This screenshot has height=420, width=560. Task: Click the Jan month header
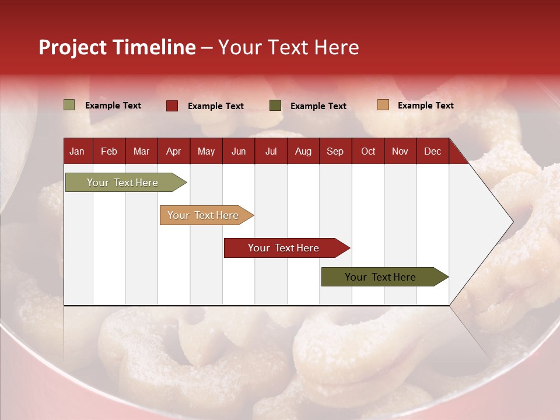click(x=77, y=151)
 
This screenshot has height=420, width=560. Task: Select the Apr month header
click(x=173, y=151)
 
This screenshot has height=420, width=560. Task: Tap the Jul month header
click(x=271, y=151)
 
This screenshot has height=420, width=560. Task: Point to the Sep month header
click(x=335, y=151)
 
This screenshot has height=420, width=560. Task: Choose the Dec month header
click(x=432, y=151)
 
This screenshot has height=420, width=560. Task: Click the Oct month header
click(x=367, y=151)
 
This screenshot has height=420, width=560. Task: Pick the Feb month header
click(x=108, y=151)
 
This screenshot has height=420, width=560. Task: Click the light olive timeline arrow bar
click(x=123, y=183)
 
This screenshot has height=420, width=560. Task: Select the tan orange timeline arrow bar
click(x=204, y=215)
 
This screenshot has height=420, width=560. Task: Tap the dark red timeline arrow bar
click(x=284, y=248)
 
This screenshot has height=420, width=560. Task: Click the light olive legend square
click(x=69, y=105)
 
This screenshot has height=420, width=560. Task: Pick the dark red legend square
click(x=172, y=106)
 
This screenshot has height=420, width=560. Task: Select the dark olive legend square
click(x=275, y=106)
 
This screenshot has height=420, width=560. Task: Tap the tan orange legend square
click(x=383, y=105)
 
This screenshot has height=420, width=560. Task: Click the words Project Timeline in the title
click(x=117, y=47)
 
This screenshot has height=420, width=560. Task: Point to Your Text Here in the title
click(x=289, y=47)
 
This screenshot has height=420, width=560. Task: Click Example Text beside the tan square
click(x=425, y=106)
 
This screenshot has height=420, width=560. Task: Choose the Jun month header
click(x=238, y=151)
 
